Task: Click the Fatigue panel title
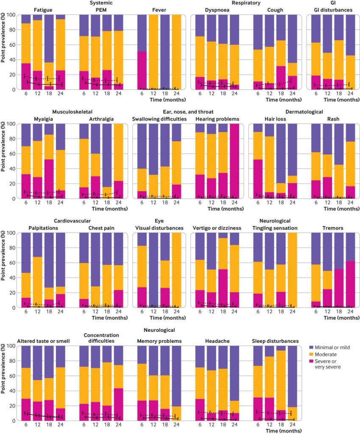pos(43,10)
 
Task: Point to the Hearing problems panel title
pos(218,119)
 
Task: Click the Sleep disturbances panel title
pos(275,341)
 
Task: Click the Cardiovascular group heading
pos(72,221)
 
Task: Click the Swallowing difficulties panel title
pos(159,119)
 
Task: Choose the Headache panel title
pos(217,341)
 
